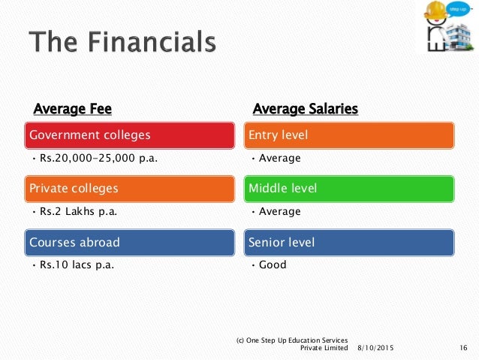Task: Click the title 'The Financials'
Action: (x=122, y=41)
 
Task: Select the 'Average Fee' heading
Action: (x=73, y=109)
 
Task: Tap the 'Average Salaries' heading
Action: (x=306, y=109)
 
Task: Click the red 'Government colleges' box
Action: (x=130, y=135)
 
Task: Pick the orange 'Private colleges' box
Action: (x=130, y=189)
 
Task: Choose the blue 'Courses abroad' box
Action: (x=130, y=243)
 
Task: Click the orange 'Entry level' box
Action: (x=349, y=135)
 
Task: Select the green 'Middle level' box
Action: (x=349, y=189)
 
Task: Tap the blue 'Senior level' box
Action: (x=349, y=243)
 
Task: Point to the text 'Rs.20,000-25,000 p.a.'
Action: (x=98, y=158)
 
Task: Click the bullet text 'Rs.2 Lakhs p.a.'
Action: (x=79, y=211)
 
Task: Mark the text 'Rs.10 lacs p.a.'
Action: (x=77, y=265)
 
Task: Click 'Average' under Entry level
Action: (x=280, y=158)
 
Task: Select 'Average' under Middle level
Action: (x=280, y=211)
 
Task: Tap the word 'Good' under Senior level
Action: (x=273, y=265)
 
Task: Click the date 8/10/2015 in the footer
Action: (x=375, y=348)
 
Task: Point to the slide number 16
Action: (x=463, y=348)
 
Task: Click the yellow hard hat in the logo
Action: (x=435, y=10)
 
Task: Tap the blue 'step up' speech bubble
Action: (x=458, y=10)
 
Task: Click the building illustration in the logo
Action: (x=459, y=38)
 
